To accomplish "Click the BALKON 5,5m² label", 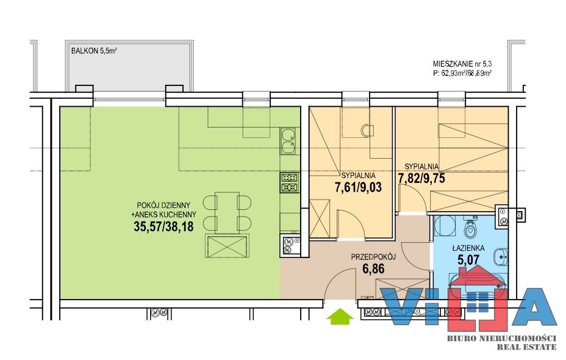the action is click(94, 51).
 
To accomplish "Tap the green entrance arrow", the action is click(340, 317).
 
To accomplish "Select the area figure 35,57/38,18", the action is click(163, 226).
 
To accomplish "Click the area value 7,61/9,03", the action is click(359, 188).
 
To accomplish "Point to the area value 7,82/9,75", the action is click(421, 178).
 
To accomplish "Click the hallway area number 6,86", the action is click(373, 269).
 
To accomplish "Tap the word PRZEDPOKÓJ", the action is click(373, 257).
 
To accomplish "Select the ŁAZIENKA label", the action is click(468, 248).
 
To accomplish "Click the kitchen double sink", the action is click(289, 142).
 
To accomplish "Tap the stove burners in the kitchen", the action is click(290, 182).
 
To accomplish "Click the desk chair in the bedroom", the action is click(367, 131).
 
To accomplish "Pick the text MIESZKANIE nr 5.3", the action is click(462, 64).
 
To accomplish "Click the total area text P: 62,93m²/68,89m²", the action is click(462, 73).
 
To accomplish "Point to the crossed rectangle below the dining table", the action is click(227, 246).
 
